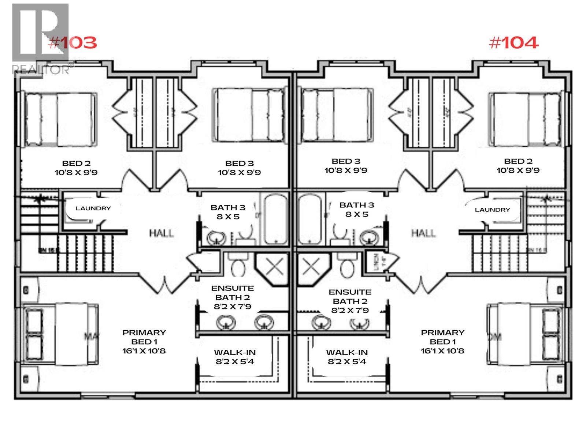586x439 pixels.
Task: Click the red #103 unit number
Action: (73, 43)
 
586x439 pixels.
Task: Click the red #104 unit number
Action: (513, 43)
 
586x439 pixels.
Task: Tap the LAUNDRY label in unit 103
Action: (93, 209)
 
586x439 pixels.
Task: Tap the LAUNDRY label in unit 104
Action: (492, 210)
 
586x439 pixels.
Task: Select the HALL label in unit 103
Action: (161, 233)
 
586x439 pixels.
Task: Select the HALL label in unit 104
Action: (423, 233)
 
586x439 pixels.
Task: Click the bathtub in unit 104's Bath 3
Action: (310, 219)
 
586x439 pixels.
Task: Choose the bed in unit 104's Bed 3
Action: (337, 115)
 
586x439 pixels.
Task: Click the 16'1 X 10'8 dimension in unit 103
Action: (144, 351)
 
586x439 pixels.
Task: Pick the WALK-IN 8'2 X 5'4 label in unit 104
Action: (347, 357)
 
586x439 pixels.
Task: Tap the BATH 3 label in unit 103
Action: (228, 212)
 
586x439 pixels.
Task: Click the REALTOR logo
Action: (40, 38)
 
